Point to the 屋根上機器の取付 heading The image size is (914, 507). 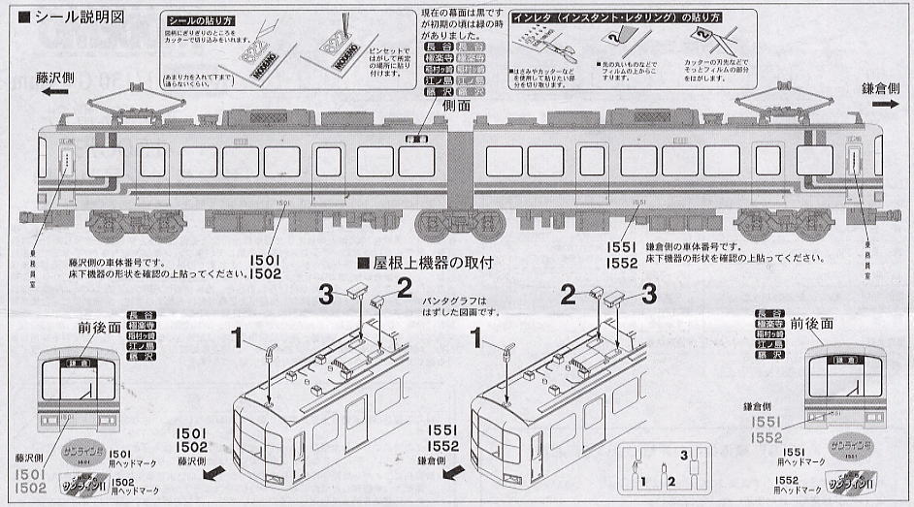(x=432, y=263)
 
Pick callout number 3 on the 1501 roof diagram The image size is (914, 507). (x=327, y=291)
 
